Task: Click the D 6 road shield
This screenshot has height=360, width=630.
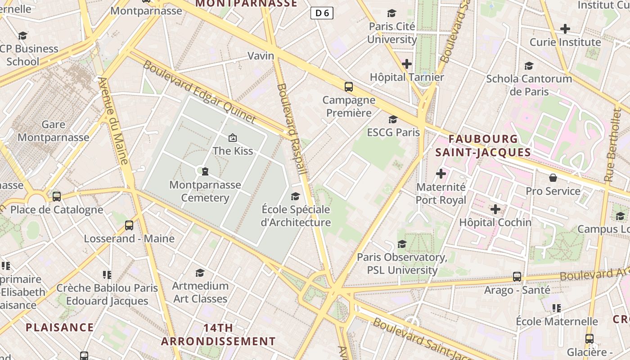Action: (322, 13)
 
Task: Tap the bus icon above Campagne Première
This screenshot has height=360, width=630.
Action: (348, 87)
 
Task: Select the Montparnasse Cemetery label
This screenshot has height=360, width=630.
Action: (205, 191)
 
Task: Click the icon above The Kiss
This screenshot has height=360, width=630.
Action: (233, 138)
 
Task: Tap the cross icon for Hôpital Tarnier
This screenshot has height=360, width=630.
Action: (407, 64)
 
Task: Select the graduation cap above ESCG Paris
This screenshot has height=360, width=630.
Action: (393, 119)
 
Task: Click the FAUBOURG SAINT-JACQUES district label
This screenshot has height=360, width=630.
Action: (483, 145)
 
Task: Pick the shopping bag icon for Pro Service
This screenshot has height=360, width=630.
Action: (553, 178)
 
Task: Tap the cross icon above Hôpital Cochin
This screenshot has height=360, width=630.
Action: (495, 209)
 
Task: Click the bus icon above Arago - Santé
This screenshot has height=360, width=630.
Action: (517, 277)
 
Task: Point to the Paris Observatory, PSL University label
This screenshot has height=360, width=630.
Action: (402, 263)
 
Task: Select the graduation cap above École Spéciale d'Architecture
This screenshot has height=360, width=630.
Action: (295, 196)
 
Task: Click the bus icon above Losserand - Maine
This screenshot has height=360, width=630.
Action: (129, 225)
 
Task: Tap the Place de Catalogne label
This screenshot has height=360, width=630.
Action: (57, 210)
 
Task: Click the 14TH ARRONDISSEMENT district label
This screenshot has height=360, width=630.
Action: (218, 334)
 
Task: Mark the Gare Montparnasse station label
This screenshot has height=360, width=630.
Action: (54, 131)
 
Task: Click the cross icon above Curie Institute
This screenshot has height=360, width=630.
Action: (565, 29)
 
